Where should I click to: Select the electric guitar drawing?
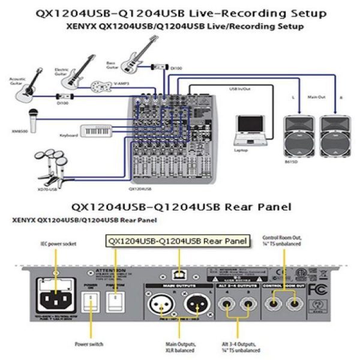tap(78, 76)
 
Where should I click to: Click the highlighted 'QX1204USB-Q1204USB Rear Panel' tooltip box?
tap(177, 241)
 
